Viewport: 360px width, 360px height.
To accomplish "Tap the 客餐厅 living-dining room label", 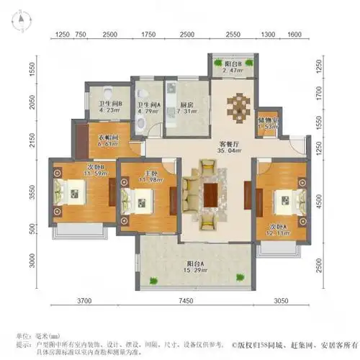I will pos(232,143).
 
